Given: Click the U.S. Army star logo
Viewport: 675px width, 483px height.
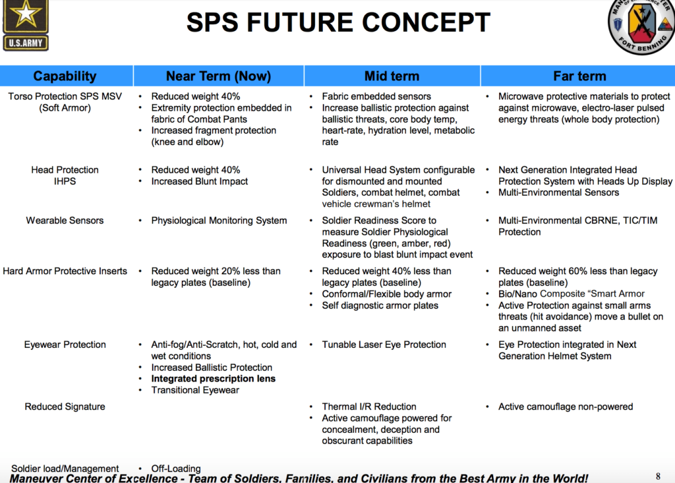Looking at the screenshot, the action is click(26, 26).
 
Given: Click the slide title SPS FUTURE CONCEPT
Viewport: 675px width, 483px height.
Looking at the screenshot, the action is click(338, 22).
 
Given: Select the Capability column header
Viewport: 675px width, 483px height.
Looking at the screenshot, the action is click(65, 76).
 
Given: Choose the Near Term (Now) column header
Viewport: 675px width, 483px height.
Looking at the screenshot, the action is click(218, 76).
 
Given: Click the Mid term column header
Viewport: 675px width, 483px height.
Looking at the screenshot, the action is click(392, 76).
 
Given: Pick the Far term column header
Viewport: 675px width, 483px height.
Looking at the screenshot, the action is click(579, 76).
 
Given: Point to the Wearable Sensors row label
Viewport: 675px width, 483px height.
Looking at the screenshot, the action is click(65, 220).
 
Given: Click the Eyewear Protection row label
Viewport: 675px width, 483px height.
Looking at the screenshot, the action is click(65, 345).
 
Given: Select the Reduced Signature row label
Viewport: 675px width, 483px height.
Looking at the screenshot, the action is click(65, 407).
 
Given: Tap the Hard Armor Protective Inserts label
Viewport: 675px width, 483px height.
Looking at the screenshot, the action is click(65, 271).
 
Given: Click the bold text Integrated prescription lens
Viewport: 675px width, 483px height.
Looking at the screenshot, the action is click(213, 379).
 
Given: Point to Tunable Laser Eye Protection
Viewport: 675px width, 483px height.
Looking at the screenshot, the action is click(384, 345).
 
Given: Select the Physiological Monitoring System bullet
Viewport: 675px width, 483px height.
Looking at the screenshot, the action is click(219, 221).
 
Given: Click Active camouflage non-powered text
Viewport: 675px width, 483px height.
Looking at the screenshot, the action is click(566, 407).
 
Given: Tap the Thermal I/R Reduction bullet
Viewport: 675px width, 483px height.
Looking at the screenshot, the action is click(369, 407).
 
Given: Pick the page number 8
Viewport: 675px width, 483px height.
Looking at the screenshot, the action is click(658, 476).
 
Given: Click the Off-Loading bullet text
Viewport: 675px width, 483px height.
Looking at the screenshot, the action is click(175, 469).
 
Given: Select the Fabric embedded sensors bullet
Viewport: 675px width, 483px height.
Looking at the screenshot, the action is click(376, 96).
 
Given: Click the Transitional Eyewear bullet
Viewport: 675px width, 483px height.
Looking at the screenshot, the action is click(195, 391).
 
